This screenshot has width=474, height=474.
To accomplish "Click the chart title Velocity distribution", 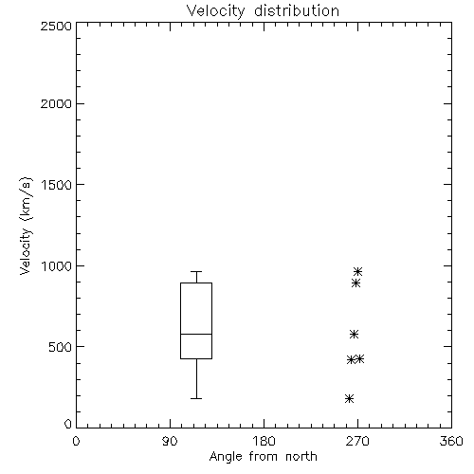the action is [263, 10].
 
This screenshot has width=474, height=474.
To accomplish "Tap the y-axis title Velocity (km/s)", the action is [26, 226].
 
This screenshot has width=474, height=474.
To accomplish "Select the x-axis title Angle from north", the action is [263, 457].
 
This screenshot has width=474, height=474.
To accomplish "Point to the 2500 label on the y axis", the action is [56, 26].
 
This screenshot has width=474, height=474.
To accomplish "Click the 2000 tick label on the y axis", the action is [56, 103].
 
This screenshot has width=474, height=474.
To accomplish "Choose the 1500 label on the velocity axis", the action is [57, 185].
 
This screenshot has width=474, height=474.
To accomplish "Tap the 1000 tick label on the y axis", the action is [57, 265].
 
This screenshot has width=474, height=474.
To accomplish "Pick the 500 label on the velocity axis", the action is [61, 347].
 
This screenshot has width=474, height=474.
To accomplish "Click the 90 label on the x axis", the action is [170, 441].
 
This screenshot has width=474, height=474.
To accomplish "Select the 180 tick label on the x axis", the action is [264, 441].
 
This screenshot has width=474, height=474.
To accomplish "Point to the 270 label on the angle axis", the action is [357, 441].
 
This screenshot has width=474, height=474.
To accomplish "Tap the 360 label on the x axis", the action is [451, 441].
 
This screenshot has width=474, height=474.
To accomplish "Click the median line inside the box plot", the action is [196, 334].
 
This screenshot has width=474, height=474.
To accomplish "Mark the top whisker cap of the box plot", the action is [196, 271].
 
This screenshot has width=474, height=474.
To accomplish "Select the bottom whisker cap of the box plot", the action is [196, 398].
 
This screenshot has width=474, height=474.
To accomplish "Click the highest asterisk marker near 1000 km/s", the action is [357, 271].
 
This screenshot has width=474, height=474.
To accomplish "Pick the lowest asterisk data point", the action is [349, 398].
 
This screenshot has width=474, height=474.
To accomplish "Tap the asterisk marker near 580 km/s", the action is [354, 334].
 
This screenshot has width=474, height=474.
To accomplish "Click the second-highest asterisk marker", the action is [356, 283].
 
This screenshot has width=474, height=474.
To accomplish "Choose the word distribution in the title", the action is [297, 10].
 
